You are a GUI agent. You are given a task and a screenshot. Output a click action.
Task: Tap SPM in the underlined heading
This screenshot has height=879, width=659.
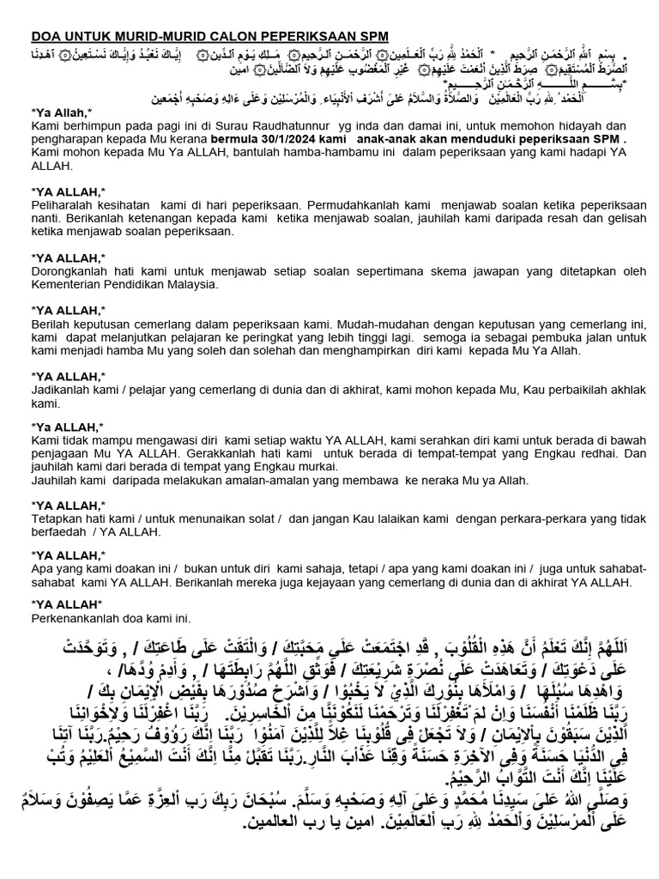coord(372,35)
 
